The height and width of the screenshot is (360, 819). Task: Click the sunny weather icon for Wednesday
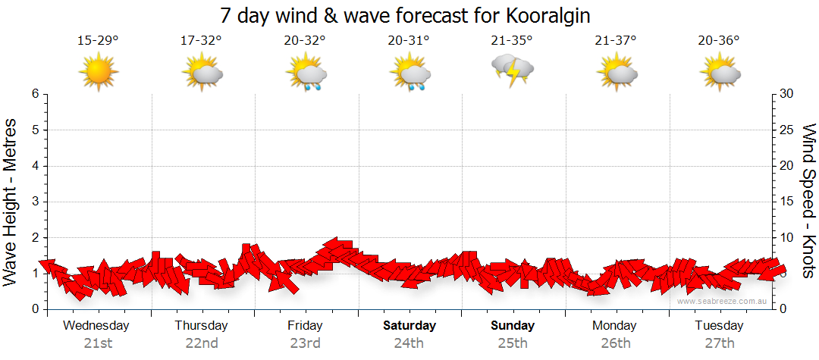coord(99,72)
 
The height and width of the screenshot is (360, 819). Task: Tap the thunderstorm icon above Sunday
coord(512,70)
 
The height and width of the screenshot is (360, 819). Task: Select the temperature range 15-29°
coord(99,40)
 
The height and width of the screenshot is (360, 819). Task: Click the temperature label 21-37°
coord(615,40)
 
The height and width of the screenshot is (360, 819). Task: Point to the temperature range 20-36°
coord(719,40)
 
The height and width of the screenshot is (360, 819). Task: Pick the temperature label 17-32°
coord(202,40)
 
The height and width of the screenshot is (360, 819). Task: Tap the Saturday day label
coord(409,326)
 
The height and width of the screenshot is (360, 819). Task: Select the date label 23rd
coord(305,343)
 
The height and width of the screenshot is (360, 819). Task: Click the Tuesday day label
coord(719,326)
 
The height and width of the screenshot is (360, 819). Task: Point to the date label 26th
coord(615,343)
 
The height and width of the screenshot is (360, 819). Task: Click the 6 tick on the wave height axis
coord(35,94)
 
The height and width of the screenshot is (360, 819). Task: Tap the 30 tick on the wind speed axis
coord(788,94)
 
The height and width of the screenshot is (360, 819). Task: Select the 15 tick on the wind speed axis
coord(788,202)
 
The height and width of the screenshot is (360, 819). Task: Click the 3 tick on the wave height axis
coord(35,202)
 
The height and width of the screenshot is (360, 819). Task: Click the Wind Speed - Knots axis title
coord(808,200)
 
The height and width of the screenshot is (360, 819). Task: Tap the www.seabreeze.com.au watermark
coord(723,301)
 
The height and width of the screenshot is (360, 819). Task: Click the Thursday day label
coord(201,326)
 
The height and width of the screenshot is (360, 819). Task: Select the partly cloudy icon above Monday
coord(615,72)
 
